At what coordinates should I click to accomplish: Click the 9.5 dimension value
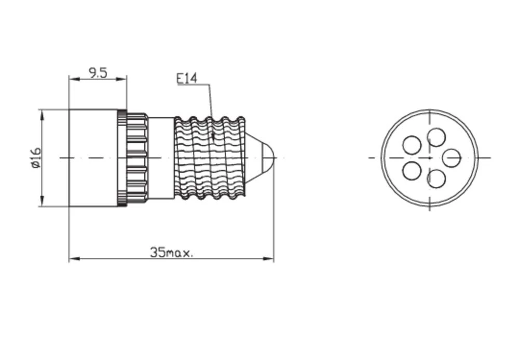pos(98,73)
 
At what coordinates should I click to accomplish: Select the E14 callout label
pos(187,78)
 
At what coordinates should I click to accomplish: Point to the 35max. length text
pos(172,253)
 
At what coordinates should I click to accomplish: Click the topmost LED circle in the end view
pos(436,137)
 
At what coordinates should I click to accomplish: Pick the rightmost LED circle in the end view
pos(452,158)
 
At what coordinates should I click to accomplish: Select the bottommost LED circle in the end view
pos(436,178)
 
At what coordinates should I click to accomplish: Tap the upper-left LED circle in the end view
pos(412,145)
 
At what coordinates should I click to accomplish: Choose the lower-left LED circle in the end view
pos(412,170)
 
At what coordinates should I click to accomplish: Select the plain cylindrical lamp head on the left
pos(93,158)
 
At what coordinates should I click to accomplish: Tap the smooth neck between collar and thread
pos(161,158)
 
